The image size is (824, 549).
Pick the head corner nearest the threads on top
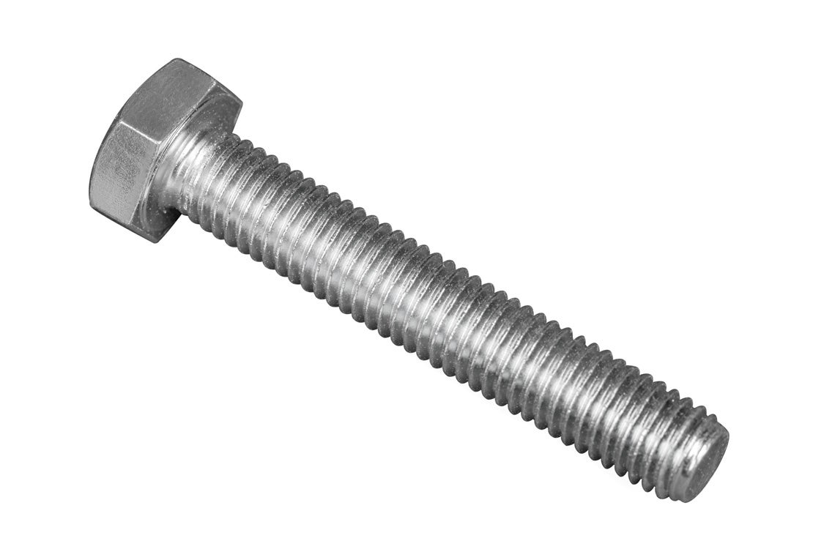tap(240, 102)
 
